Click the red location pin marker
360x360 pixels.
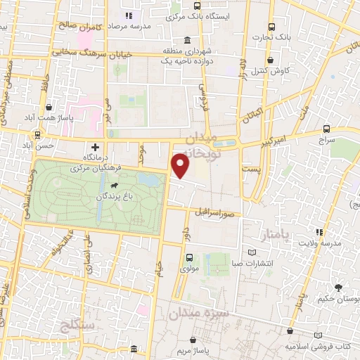pyautogui.click(x=181, y=166)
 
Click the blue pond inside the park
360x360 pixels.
pyautogui.click(x=149, y=180)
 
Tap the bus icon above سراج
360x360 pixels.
pyautogui.click(x=326, y=129)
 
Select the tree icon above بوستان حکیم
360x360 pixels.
pyautogui.click(x=338, y=288)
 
